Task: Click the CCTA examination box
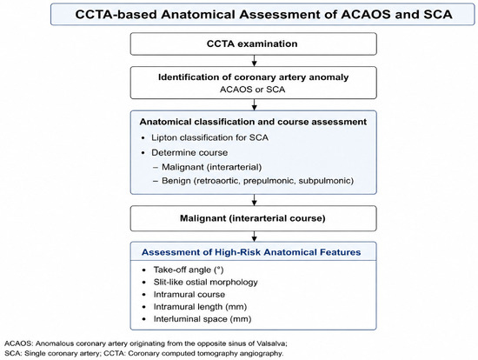pos(253,44)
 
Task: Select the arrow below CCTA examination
pos(254,61)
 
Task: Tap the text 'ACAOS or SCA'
pos(252,90)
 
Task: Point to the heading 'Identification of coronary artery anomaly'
pos(253,77)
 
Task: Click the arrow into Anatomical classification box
pos(254,104)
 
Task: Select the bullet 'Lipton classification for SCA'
pos(209,137)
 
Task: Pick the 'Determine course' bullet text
pos(189,152)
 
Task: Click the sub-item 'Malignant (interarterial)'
pos(211,167)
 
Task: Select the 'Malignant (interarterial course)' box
pos(253,218)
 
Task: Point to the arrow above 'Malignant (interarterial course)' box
pos(254,200)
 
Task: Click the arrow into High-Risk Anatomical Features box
pos(254,237)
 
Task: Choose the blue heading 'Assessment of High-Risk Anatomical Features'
pos(251,252)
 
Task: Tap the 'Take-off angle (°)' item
pos(189,270)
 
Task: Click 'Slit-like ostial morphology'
pos(205,283)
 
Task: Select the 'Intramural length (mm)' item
pos(200,307)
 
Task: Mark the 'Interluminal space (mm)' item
pos(202,319)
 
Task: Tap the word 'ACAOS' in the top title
pos(366,14)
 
